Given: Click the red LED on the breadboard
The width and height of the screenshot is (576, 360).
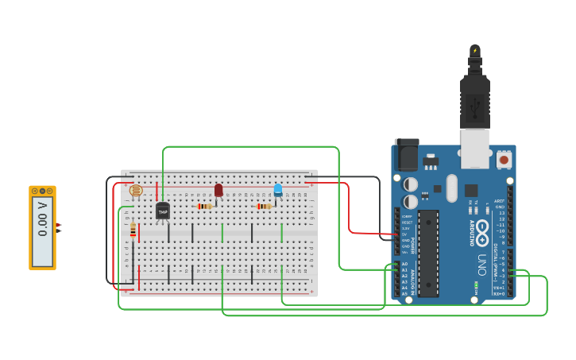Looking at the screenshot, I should coord(218,191).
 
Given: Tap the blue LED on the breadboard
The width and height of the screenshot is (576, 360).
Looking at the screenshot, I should coord(278,190).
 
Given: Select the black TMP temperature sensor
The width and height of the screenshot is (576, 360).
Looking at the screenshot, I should coord(163,211).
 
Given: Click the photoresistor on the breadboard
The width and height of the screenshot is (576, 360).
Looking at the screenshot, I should coord(136,191).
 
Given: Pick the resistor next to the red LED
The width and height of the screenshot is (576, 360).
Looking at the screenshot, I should coord(205,207).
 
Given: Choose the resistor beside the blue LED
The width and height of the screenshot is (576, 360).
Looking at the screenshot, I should coord(265,207).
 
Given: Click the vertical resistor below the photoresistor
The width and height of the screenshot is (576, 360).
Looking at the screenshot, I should coord(133,230).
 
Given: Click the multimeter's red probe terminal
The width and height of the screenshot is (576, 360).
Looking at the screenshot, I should coord(59,225).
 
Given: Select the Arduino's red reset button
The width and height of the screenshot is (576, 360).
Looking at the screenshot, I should coord(504,160).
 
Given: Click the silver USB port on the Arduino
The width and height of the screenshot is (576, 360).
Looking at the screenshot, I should coord(475,149).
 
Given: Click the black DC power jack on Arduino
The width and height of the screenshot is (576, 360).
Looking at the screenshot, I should coord(407,154).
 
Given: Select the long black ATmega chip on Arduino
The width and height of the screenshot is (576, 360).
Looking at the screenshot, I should coord(428,254).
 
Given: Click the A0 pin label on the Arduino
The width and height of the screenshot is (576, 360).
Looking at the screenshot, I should coord(404,264).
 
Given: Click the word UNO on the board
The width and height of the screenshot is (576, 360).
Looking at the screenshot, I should coord(482,261).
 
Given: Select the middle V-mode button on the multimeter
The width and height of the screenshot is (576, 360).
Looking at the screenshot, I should coord(42,191).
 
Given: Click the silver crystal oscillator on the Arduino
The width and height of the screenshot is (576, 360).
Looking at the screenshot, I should coord(452,188).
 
